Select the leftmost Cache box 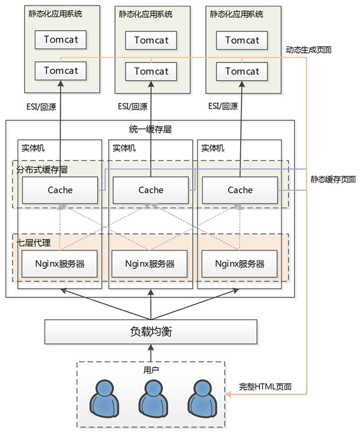click(60, 190)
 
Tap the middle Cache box click(151, 190)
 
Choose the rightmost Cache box click(240, 190)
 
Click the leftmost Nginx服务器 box click(60, 264)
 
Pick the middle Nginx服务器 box click(150, 264)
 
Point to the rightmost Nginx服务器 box click(240, 264)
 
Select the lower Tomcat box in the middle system click(151, 72)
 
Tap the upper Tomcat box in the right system click(242, 40)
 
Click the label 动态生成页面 click(308, 50)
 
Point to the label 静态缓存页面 click(333, 179)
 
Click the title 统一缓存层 click(150, 129)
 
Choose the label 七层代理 click(34, 243)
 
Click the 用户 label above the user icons click(151, 370)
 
